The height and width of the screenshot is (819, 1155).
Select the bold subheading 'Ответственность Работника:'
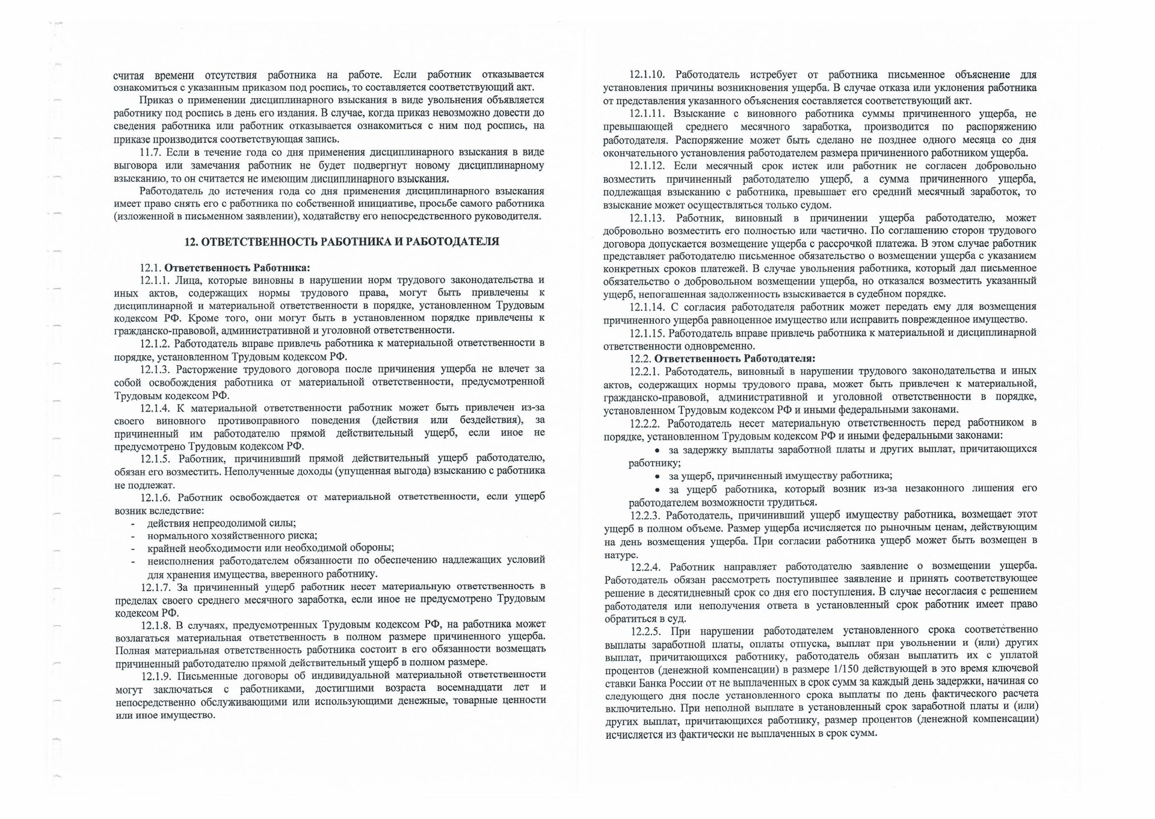[x=238, y=268]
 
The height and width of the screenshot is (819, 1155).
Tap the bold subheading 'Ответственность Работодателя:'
[x=735, y=359]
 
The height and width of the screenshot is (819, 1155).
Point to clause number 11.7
[x=150, y=152]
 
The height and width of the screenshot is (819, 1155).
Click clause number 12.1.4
[x=155, y=408]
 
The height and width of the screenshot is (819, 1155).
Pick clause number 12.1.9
[x=155, y=675]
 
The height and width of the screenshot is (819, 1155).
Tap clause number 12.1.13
[x=647, y=218]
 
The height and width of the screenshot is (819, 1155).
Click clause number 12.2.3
[x=645, y=516]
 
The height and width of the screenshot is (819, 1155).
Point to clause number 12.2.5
[x=646, y=631]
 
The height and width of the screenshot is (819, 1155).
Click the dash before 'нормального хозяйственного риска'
[x=132, y=536]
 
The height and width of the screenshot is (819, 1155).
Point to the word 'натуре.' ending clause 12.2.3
[x=621, y=555]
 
